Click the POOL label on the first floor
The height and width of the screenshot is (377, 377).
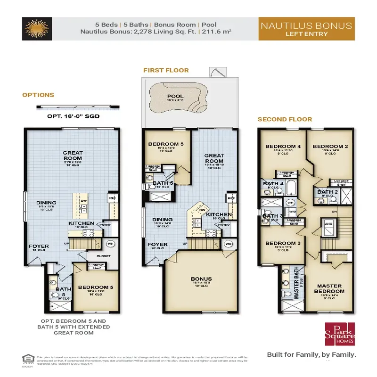[x=175, y=96]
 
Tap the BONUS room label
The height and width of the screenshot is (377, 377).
[x=201, y=279]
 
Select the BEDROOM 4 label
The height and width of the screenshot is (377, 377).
[x=283, y=147]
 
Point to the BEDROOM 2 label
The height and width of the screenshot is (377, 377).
[x=330, y=147]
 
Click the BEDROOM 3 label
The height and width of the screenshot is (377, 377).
[x=280, y=243]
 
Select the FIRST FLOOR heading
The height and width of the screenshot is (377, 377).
[x=166, y=70]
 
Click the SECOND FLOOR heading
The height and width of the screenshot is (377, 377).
[x=285, y=119]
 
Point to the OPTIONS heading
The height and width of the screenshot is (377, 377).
[x=38, y=95]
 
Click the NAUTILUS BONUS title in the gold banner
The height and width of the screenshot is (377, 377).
[x=306, y=25]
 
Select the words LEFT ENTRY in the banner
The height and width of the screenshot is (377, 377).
[x=306, y=33]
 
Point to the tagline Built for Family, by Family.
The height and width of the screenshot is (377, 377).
[x=311, y=354]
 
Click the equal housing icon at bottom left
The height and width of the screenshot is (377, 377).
[x=27, y=357]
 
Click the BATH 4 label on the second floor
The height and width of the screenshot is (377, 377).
[x=273, y=184]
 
